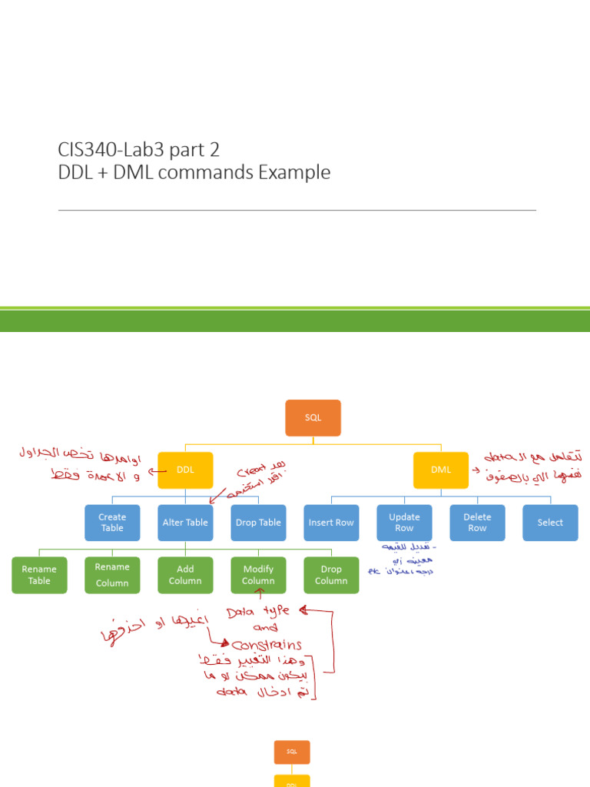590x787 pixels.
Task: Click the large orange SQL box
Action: [313, 418]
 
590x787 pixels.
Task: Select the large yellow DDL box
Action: [185, 470]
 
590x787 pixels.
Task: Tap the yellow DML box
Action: [440, 470]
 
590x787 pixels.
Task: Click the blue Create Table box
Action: [112, 523]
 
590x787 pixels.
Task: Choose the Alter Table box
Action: [185, 523]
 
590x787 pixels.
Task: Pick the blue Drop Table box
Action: [258, 523]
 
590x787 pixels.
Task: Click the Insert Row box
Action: [331, 523]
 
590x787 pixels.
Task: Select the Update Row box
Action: [404, 523]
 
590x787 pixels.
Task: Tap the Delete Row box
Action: [477, 523]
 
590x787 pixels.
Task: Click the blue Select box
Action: [550, 523]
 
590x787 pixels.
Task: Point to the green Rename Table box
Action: [39, 575]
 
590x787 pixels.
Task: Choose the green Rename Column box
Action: [112, 575]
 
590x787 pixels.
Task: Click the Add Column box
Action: [185, 575]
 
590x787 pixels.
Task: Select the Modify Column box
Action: [258, 575]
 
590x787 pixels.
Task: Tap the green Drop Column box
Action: [331, 575]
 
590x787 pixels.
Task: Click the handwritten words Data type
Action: [258, 612]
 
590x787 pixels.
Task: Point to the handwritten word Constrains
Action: [267, 645]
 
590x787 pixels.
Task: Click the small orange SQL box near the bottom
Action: [292, 752]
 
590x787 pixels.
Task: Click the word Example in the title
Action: [294, 173]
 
